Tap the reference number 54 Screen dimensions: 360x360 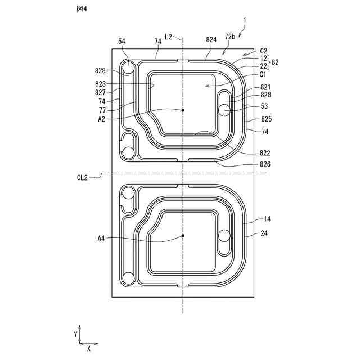coord(122,41)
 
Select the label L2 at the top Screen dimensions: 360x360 coord(168,37)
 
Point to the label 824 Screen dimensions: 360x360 coord(211,39)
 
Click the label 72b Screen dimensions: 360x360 coord(229,37)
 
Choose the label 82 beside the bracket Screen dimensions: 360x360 coord(275,62)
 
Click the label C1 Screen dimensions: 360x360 coord(263,74)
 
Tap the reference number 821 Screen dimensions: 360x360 coord(265,87)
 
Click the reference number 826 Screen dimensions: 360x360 coord(265,164)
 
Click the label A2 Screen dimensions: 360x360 coord(101,119)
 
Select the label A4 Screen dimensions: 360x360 coord(101,238)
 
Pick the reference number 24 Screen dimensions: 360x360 coord(264,231)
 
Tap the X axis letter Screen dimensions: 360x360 coord(89,349)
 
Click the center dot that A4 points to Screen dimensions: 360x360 coord(183,235)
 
